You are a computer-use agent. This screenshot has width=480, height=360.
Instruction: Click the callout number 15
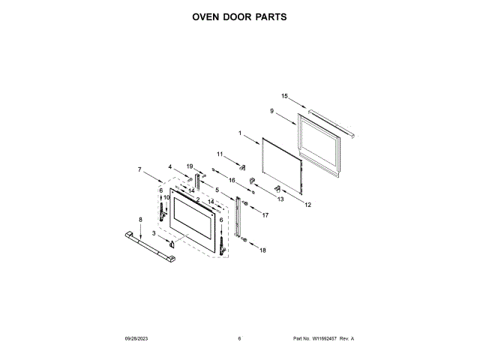point(284,96)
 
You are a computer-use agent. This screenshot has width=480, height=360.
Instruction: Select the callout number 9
point(271,111)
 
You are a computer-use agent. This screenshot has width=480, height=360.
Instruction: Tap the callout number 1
point(240,133)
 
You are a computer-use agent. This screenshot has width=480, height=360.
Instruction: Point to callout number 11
point(220,154)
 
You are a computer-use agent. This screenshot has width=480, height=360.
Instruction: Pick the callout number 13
point(280,199)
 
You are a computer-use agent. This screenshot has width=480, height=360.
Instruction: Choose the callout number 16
point(232,181)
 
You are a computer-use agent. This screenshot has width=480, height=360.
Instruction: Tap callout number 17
point(265,214)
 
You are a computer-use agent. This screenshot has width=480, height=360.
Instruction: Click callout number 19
point(190,166)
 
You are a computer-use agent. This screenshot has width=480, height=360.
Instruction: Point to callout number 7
point(139,169)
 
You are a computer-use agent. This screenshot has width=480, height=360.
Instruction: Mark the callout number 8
point(140,219)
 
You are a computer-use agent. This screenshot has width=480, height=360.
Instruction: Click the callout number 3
point(154,234)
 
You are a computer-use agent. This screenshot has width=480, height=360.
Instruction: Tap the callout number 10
point(166,197)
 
